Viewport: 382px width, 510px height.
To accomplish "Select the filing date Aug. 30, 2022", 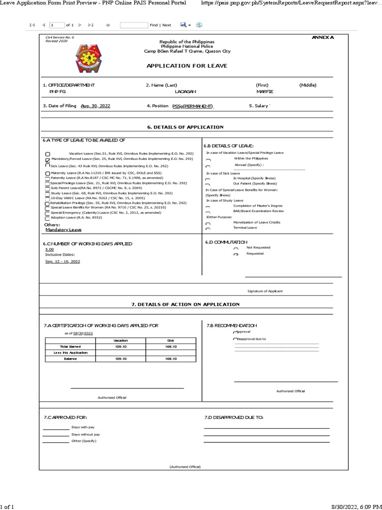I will click(x=95, y=106).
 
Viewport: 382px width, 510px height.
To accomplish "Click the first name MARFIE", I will click(x=264, y=92).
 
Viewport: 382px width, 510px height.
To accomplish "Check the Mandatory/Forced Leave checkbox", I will click(x=47, y=160).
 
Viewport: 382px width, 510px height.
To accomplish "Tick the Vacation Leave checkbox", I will click(x=47, y=154).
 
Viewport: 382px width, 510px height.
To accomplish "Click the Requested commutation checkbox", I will click(x=236, y=255).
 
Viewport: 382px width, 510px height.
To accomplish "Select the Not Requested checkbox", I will click(x=236, y=248).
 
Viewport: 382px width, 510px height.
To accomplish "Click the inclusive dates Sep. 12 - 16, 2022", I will click(x=62, y=261).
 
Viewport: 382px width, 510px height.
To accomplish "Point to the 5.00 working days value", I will click(x=49, y=249).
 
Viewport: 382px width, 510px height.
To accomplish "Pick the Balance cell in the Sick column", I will click(x=171, y=359).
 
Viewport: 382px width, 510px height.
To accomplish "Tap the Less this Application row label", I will click(x=70, y=353).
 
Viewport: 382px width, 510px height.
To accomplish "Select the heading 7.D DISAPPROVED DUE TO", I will click(x=234, y=417).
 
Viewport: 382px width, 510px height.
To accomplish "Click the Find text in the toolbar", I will click(x=154, y=24).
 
